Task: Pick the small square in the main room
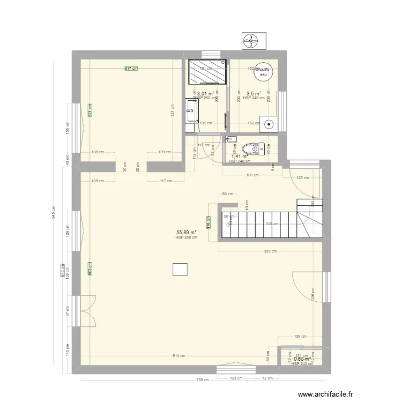pos(180,270)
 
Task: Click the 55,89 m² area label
pos(186,233)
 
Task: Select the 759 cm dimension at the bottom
pos(202,380)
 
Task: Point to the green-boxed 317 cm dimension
pos(131,69)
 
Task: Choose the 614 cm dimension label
pos(179,356)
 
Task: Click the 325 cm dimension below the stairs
pos(270,251)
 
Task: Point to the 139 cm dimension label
pos(300,337)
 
